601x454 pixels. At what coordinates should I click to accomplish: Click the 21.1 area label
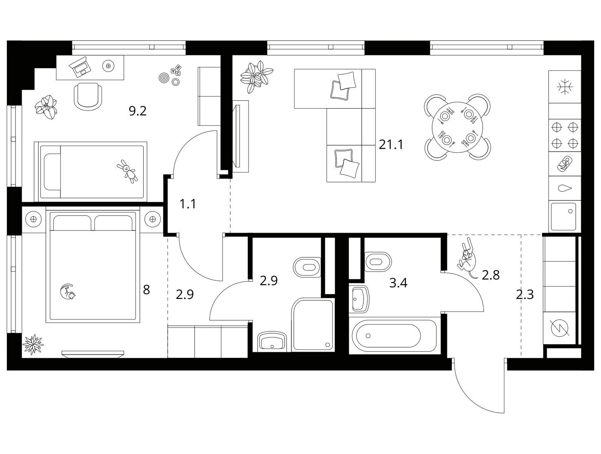coord(391,145)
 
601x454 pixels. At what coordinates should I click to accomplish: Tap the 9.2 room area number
coord(138,111)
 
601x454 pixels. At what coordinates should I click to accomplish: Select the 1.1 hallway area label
coord(188,204)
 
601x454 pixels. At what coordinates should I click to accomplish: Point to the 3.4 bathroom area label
coord(398,283)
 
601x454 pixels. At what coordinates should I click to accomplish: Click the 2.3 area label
coord(525,295)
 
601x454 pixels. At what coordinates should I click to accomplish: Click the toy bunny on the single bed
coord(127,171)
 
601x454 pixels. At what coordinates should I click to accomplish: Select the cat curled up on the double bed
coord(67,292)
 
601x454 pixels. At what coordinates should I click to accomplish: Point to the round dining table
coord(457,127)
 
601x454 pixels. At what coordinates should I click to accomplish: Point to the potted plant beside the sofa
coord(256,76)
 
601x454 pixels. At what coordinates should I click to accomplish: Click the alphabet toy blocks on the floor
coord(176,70)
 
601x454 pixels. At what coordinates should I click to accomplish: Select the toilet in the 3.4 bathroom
coord(378,261)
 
